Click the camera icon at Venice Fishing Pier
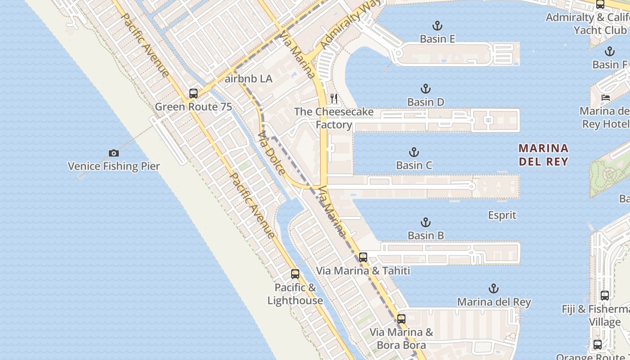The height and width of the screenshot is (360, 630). [x=114, y=153]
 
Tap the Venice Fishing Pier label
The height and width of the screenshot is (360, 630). [x=114, y=166]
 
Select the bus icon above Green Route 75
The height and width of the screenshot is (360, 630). [x=193, y=94]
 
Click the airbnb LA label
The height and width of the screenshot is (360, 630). [x=248, y=79]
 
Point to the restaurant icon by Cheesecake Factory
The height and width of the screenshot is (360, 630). [x=334, y=98]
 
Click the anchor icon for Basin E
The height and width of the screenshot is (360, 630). [x=437, y=26]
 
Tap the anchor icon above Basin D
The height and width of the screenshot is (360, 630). [x=425, y=89]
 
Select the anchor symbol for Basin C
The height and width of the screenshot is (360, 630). [x=414, y=152]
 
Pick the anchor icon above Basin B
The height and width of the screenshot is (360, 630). [x=425, y=222]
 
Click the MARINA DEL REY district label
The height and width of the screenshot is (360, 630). [x=543, y=154]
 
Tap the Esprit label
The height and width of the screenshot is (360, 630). [x=502, y=215]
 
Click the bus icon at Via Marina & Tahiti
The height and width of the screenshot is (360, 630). [x=363, y=257]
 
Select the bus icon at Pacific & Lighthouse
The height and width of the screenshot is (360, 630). [x=295, y=274]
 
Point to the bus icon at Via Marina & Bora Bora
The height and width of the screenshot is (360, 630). [x=401, y=319]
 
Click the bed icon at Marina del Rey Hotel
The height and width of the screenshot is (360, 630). [x=606, y=97]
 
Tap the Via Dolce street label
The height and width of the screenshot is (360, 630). [x=272, y=153]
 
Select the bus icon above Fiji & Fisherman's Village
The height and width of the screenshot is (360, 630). [x=605, y=296]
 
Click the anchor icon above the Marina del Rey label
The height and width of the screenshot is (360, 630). [x=494, y=288]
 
